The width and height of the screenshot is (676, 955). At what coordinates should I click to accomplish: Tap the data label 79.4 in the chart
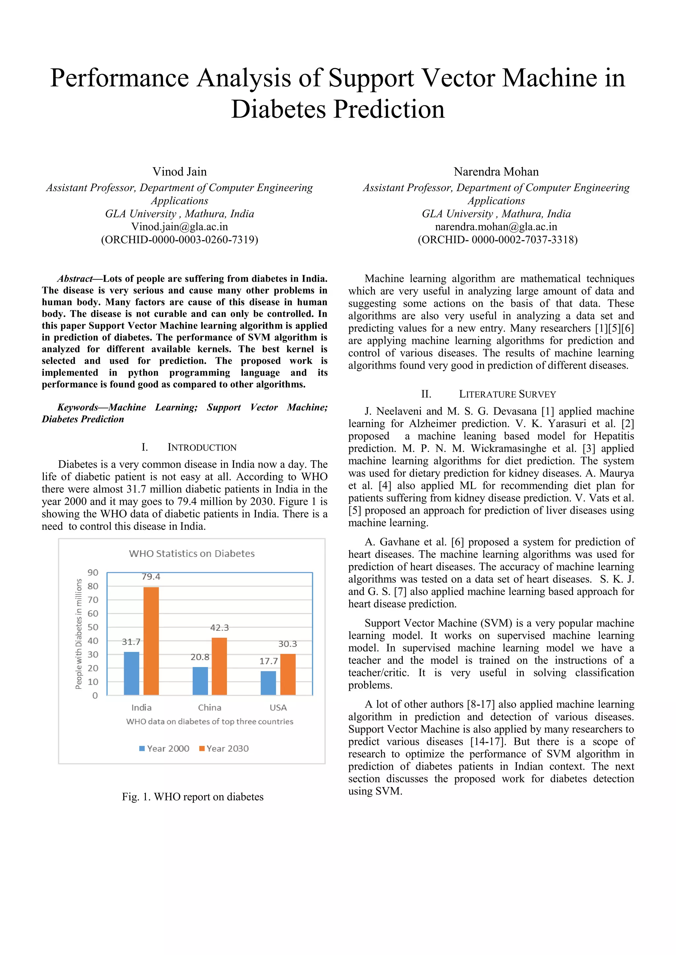coord(151,577)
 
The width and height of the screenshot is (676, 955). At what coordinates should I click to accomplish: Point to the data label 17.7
coord(268,661)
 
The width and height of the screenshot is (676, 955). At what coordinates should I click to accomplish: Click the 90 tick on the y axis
coord(93,572)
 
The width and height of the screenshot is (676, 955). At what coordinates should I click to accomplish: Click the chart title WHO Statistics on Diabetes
coord(191,553)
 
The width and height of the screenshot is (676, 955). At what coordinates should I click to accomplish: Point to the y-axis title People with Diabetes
coord(78,634)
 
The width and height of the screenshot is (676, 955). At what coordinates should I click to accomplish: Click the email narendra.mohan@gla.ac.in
coord(496,226)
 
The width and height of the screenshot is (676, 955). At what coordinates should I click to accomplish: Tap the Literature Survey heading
coord(507,394)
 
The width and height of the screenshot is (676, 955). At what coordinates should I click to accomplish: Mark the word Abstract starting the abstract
coord(75,278)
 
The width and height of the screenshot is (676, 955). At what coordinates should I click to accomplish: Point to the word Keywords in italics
coord(78,407)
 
